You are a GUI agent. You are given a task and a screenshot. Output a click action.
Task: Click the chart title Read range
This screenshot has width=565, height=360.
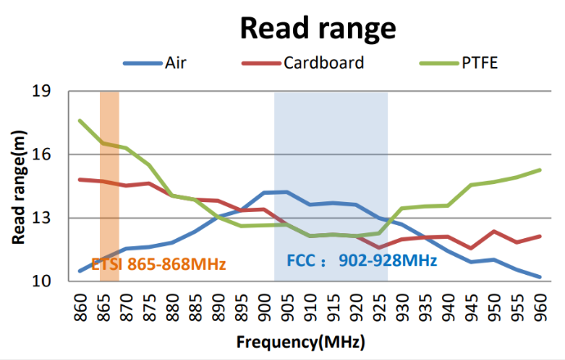pos(318,29)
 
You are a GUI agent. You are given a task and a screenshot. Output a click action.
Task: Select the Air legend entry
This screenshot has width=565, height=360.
pos(175,63)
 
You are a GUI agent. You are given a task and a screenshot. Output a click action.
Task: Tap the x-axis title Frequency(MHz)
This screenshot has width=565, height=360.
pos(301,341)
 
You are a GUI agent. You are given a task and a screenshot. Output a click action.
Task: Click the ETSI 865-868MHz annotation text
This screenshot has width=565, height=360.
pos(158,264)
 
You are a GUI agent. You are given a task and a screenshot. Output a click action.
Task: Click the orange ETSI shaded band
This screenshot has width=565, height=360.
pos(109,164)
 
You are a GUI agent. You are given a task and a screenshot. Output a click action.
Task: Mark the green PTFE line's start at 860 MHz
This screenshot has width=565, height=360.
pos(80,121)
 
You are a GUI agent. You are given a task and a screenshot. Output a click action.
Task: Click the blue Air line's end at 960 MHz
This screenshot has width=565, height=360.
pos(540,277)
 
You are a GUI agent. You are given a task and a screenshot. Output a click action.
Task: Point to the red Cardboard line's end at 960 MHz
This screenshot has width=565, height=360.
pos(540,236)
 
